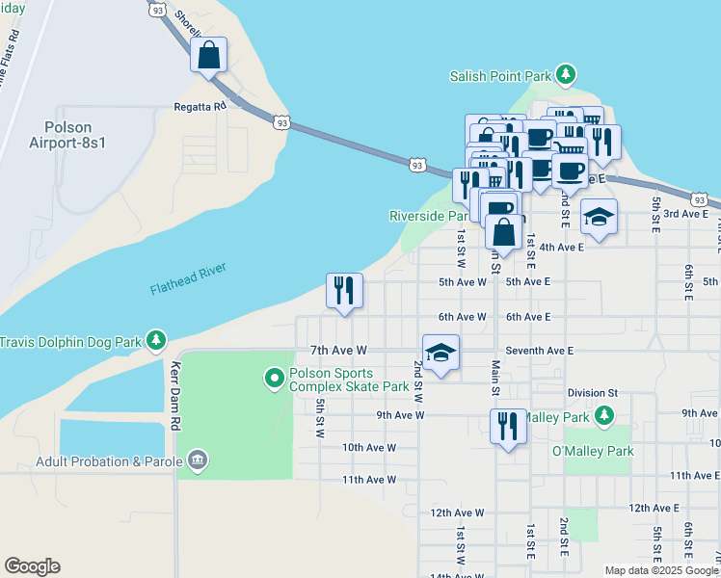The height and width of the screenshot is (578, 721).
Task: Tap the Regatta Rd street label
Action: (x=200, y=106)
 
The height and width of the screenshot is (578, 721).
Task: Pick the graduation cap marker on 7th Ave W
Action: (x=441, y=353)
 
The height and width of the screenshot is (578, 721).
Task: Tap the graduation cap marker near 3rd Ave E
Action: (x=599, y=217)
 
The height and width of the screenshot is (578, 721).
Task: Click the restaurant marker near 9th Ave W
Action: (x=508, y=425)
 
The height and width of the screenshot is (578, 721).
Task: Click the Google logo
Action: (x=32, y=566)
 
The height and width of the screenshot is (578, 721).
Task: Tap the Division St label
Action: (x=592, y=393)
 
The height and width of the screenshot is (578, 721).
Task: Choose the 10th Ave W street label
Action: (x=368, y=447)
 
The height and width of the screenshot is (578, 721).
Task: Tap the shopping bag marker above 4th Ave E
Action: (x=503, y=232)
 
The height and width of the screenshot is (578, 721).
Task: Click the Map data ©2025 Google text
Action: (x=660, y=570)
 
